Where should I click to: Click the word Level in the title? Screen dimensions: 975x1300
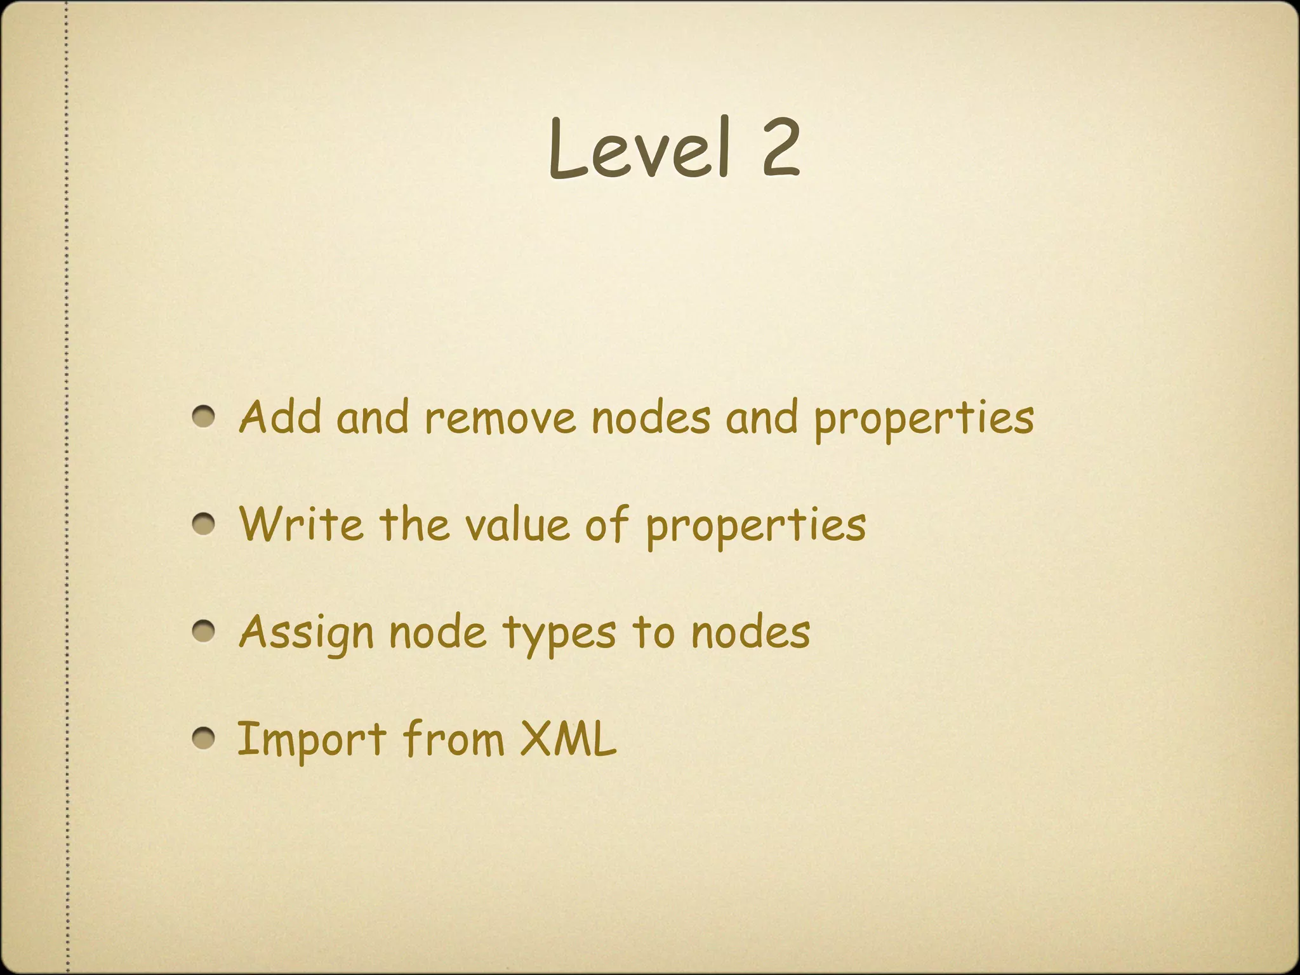639,149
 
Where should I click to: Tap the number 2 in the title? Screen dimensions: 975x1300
779,149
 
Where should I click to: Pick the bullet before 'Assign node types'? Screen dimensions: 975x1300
204,632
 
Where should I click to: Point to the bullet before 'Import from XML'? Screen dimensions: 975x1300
204,738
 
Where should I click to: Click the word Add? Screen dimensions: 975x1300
280,417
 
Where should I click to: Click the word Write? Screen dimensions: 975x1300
302,524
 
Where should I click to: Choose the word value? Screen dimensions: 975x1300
517,526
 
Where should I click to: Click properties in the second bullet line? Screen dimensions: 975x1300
756,527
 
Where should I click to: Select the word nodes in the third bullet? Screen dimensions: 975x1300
750,632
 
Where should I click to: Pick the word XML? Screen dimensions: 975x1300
568,739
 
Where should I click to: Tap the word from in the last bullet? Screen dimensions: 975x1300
453,739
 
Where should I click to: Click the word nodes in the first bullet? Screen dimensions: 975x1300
651,418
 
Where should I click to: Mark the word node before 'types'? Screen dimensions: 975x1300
437,632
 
